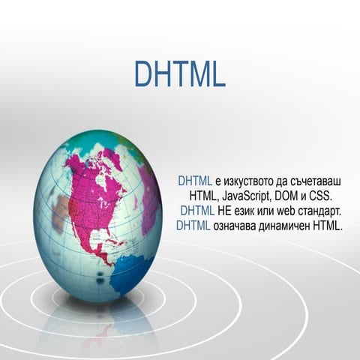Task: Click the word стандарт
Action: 321,209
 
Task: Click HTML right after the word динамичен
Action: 328,223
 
